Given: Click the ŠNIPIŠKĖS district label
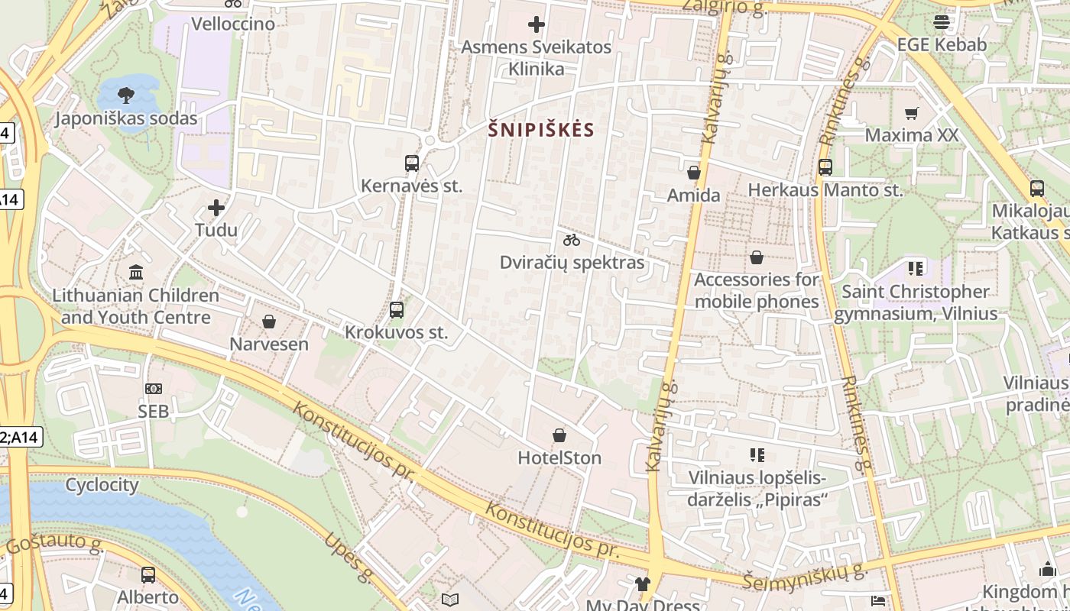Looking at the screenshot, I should tap(541, 130).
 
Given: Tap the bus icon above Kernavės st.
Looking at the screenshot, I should tap(411, 163).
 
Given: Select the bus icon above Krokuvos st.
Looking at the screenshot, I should tap(396, 310).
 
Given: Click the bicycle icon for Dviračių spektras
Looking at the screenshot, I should tap(572, 240).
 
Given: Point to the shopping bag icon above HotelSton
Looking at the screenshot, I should tap(559, 435).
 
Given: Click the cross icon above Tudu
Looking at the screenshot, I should tap(216, 208).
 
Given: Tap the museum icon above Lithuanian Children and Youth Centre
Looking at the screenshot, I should tap(136, 272).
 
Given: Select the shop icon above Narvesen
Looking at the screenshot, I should tap(269, 322).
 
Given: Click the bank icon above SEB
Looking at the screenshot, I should tap(154, 389).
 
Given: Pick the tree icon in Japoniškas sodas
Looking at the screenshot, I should tap(126, 95).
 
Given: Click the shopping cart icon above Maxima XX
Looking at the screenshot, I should tap(911, 113).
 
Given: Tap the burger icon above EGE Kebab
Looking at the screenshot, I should tap(942, 22).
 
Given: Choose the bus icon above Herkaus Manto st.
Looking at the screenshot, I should tap(825, 167).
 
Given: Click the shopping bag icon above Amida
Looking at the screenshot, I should tap(694, 173).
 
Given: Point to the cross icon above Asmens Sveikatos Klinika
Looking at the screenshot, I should tap(537, 24).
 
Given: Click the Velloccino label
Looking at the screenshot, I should tap(233, 24).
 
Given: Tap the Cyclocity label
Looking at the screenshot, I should tap(102, 485).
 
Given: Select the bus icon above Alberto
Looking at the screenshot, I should tap(148, 574).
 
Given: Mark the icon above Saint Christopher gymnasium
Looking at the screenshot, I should tap(916, 268).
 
